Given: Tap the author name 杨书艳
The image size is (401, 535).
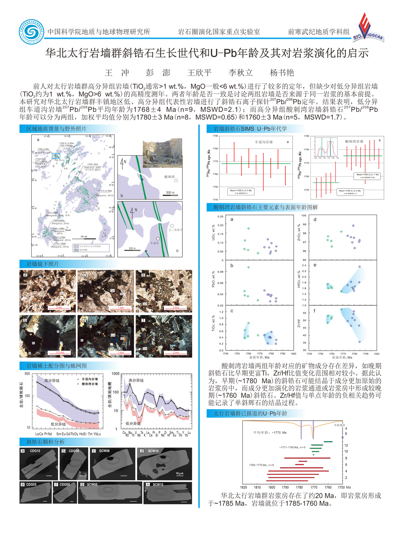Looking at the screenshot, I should click(281, 73).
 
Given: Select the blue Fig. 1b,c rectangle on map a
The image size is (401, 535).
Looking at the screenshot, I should click(56, 155).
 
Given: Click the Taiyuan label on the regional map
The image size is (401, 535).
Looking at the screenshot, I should click(68, 230).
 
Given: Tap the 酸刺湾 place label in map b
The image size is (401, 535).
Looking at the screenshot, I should click(169, 177).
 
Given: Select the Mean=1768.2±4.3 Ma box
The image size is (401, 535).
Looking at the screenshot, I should click(241, 192).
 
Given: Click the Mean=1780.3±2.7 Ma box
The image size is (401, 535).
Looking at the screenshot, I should click(367, 176).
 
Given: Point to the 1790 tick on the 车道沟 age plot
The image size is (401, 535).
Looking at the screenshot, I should click(215, 136).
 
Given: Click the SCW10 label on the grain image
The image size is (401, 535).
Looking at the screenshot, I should click(153, 451).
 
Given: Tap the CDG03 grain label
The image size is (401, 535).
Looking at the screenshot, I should click(31, 485).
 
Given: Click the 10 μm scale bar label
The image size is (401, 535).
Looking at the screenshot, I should click(179, 473).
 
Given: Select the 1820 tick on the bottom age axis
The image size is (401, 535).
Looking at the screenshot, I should click(244, 487).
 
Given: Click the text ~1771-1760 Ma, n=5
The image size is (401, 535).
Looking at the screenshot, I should click(292, 447).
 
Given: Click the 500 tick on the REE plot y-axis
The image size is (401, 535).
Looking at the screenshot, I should click(27, 374).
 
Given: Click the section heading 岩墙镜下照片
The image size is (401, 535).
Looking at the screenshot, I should click(43, 264).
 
